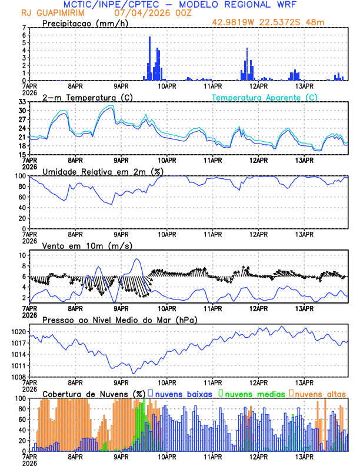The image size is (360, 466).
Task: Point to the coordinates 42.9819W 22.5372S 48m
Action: (268, 22)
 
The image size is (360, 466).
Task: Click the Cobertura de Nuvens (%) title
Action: (94, 394)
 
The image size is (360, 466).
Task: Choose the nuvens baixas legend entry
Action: (184, 394)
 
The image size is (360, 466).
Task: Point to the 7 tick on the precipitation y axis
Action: (24, 28)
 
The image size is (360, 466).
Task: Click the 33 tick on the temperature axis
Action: (22, 102)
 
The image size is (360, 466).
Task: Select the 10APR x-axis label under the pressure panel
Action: (166, 382)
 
